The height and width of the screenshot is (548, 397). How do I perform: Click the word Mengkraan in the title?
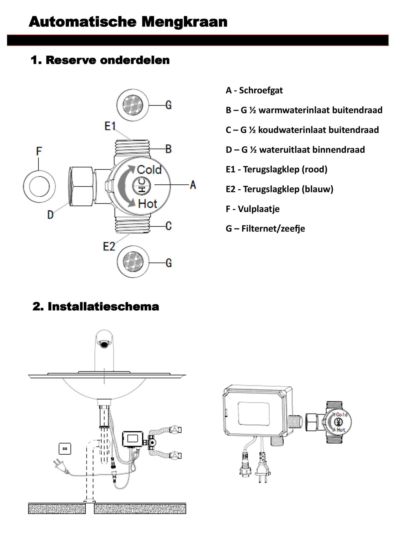[x=184, y=22]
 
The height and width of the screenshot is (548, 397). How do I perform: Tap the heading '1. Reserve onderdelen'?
[x=100, y=60]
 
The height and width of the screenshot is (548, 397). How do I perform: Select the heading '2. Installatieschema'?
[x=96, y=306]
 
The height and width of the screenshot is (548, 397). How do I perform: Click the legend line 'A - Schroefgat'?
[x=254, y=90]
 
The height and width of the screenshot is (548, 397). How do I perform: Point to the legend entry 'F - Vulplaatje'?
[x=253, y=209]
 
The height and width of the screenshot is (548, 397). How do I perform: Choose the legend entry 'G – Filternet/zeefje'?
[x=265, y=229]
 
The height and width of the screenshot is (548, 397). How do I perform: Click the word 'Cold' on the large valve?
[x=149, y=170]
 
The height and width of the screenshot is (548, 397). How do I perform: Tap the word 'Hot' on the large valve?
[x=148, y=204]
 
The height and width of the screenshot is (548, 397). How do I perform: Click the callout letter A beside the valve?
[x=193, y=185]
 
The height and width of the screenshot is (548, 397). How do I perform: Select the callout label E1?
[x=110, y=126]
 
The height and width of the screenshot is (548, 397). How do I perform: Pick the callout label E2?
[x=109, y=247]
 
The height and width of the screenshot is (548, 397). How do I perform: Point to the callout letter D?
[x=50, y=215]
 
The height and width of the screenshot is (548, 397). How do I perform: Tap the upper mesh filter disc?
[x=133, y=105]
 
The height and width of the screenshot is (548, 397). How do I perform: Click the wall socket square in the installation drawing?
[x=65, y=449]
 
